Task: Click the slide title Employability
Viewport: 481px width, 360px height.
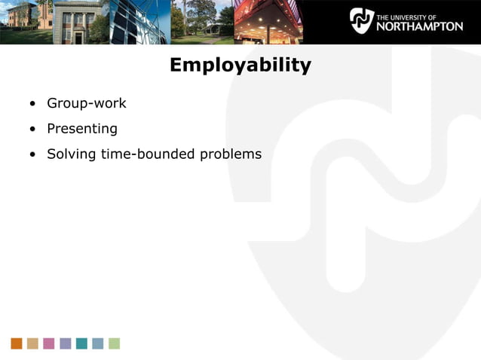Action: pos(240,66)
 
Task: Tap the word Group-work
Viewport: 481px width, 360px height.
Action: pos(87,103)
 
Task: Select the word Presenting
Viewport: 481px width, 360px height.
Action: pos(82,129)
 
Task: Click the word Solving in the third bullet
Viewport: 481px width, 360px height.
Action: pos(71,154)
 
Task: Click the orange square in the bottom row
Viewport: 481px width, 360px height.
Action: pos(17,343)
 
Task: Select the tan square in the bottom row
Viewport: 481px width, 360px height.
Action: pos(32,343)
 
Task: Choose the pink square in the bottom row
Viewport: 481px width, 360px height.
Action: pos(49,343)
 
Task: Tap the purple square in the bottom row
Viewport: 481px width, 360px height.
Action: pos(66,343)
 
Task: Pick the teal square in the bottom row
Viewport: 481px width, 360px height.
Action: pos(81,343)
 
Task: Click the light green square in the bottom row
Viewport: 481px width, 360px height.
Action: pos(114,343)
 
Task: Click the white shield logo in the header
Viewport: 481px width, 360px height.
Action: pos(361,20)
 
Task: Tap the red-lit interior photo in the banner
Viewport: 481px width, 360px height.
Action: pos(268,21)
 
